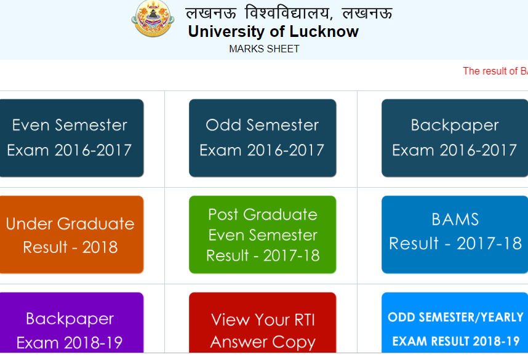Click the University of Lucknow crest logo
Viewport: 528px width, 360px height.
pos(153,18)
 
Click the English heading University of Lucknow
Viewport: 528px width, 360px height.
pos(273,31)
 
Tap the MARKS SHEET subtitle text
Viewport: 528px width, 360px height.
pos(264,49)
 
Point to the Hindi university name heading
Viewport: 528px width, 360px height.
pos(289,13)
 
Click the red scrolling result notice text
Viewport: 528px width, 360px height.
pos(495,71)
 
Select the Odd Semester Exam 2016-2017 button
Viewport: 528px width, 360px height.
pos(262,138)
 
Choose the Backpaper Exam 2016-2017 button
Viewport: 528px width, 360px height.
pos(455,138)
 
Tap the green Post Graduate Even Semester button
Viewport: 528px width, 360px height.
pos(262,234)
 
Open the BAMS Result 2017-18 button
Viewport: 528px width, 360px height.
pos(455,234)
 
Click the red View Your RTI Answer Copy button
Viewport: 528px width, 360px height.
pos(262,322)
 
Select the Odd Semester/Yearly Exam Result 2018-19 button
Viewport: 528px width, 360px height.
pos(455,322)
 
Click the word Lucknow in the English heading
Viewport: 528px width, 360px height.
pos(324,31)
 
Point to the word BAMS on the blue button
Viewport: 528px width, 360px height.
pos(455,220)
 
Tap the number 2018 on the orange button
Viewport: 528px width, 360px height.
pos(100,247)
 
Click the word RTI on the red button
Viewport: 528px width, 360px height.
pos(305,320)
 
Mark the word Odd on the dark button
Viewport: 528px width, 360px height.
pos(223,126)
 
